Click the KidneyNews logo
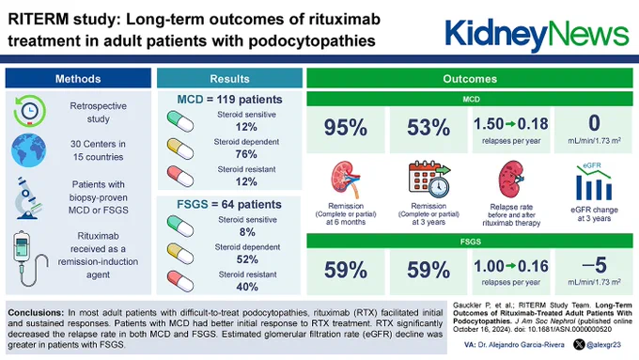(x=537, y=35)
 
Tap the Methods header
(x=78, y=78)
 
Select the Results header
(x=229, y=78)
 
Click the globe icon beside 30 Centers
(x=28, y=150)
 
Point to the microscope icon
(x=27, y=198)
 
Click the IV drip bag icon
(x=29, y=258)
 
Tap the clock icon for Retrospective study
(x=29, y=111)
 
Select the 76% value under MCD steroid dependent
(x=246, y=154)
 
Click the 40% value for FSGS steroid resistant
(x=247, y=287)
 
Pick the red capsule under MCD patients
(x=180, y=176)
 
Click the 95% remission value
(x=346, y=128)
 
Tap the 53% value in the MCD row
(x=429, y=128)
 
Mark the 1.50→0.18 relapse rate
(x=510, y=124)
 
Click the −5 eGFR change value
(x=595, y=265)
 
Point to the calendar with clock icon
(x=429, y=179)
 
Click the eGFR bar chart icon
(x=594, y=181)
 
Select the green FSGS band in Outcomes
(x=470, y=242)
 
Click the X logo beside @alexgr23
(x=579, y=345)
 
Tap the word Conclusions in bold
(x=36, y=313)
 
